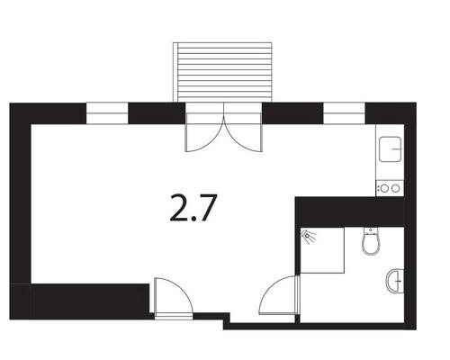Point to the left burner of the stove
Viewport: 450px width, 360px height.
click(384, 188)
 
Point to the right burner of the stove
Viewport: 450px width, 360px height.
click(394, 188)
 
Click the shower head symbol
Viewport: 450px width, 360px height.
click(310, 236)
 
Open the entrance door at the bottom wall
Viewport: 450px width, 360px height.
click(170, 297)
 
